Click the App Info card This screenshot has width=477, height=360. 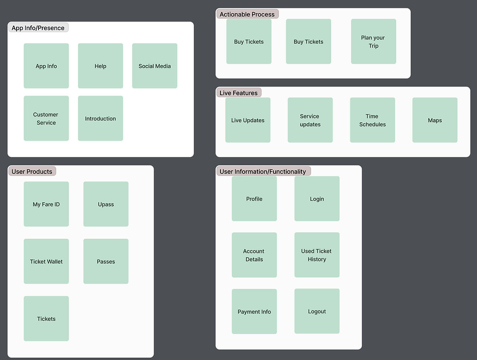pyautogui.click(x=46, y=66)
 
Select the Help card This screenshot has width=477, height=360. pyautogui.click(x=100, y=66)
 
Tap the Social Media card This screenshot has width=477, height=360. pyautogui.click(x=154, y=66)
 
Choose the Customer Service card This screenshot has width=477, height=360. pyautogui.click(x=46, y=118)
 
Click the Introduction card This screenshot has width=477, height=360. pyautogui.click(x=100, y=118)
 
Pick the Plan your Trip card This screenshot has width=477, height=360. pyautogui.click(x=373, y=41)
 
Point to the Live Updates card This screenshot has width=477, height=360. pyautogui.click(x=248, y=120)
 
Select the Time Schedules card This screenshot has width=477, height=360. pyautogui.click(x=372, y=120)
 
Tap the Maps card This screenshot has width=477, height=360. pyautogui.click(x=435, y=120)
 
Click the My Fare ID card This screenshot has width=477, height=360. pyautogui.click(x=46, y=204)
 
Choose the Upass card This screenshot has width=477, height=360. pyautogui.click(x=106, y=204)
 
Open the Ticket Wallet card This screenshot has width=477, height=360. pyautogui.click(x=46, y=261)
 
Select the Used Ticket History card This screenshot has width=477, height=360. pyautogui.click(x=317, y=255)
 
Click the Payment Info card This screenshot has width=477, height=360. pyautogui.click(x=254, y=311)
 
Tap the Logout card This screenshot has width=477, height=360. pyautogui.click(x=317, y=311)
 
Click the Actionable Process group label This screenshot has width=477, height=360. pyautogui.click(x=247, y=14)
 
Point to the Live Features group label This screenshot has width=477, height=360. pyautogui.click(x=238, y=92)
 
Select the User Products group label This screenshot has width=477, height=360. pyautogui.click(x=32, y=171)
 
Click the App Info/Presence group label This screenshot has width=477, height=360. pyautogui.click(x=38, y=28)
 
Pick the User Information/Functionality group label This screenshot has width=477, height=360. pyautogui.click(x=263, y=171)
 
